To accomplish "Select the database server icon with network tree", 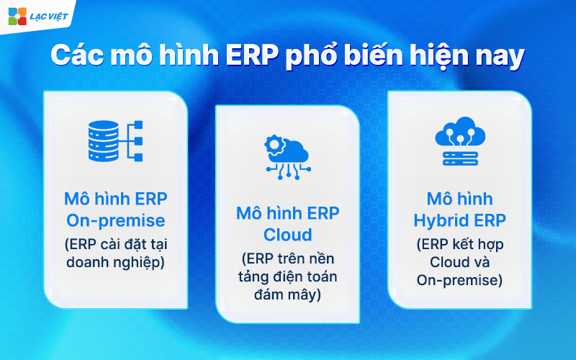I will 115,140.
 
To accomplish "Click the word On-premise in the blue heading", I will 115,220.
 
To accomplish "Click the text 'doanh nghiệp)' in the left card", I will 115,262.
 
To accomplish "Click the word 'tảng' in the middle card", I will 243,277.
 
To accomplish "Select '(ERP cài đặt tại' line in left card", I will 115,243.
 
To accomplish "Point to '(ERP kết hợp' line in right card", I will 460,243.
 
